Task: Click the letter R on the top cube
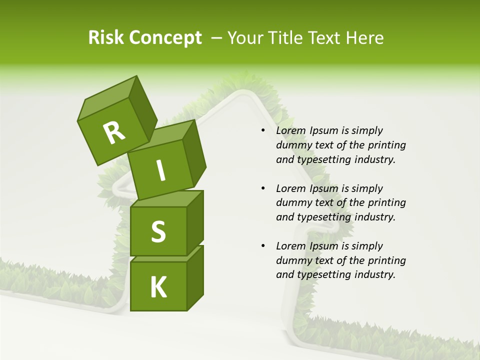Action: (x=114, y=132)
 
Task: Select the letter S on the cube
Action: (x=158, y=231)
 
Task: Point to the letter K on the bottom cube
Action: (x=158, y=287)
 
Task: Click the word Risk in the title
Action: (x=106, y=38)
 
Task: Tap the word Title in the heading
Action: (x=286, y=38)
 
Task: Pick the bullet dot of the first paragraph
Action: (x=263, y=130)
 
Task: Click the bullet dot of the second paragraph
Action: (x=263, y=188)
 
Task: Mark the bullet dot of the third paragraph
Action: (x=263, y=246)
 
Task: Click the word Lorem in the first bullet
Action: (x=290, y=130)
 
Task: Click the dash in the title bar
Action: (x=217, y=38)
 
